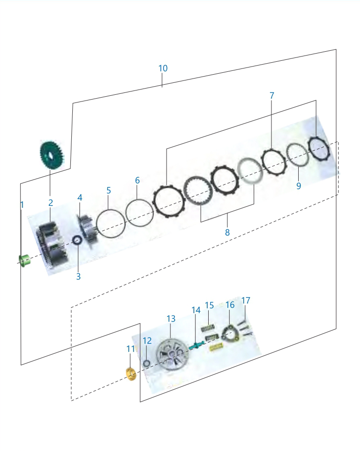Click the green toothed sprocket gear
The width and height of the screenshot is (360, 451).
click(x=51, y=155)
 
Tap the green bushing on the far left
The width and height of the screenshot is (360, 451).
click(x=24, y=260)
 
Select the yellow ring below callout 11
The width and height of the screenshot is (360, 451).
click(x=132, y=374)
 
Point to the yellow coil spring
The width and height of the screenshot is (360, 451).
click(x=216, y=349)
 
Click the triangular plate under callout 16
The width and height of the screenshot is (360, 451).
click(x=231, y=334)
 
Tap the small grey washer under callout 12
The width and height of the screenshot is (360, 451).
click(x=146, y=363)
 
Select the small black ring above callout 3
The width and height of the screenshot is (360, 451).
click(x=78, y=239)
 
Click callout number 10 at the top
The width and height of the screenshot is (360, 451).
click(x=163, y=68)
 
